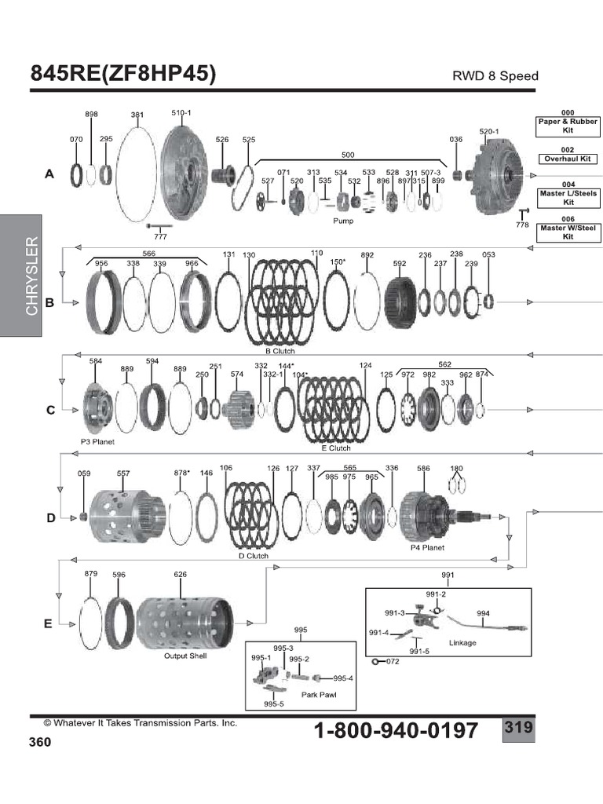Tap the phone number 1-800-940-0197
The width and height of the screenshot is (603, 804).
pyautogui.click(x=396, y=730)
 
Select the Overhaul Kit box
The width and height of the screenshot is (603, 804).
pyautogui.click(x=567, y=159)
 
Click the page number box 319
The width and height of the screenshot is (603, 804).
pyautogui.click(x=518, y=728)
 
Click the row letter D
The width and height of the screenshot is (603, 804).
pyautogui.click(x=49, y=518)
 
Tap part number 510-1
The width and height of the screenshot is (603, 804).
pyautogui.click(x=181, y=113)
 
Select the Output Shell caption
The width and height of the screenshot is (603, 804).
pyautogui.click(x=185, y=656)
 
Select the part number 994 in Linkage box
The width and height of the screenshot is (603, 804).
pyautogui.click(x=483, y=613)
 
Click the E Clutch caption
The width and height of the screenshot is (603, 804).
pyautogui.click(x=336, y=448)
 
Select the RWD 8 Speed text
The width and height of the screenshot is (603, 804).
pyautogui.click(x=495, y=76)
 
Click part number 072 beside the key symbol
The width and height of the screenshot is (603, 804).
pyautogui.click(x=393, y=662)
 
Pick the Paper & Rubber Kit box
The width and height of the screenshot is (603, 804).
pyautogui.click(x=567, y=126)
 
